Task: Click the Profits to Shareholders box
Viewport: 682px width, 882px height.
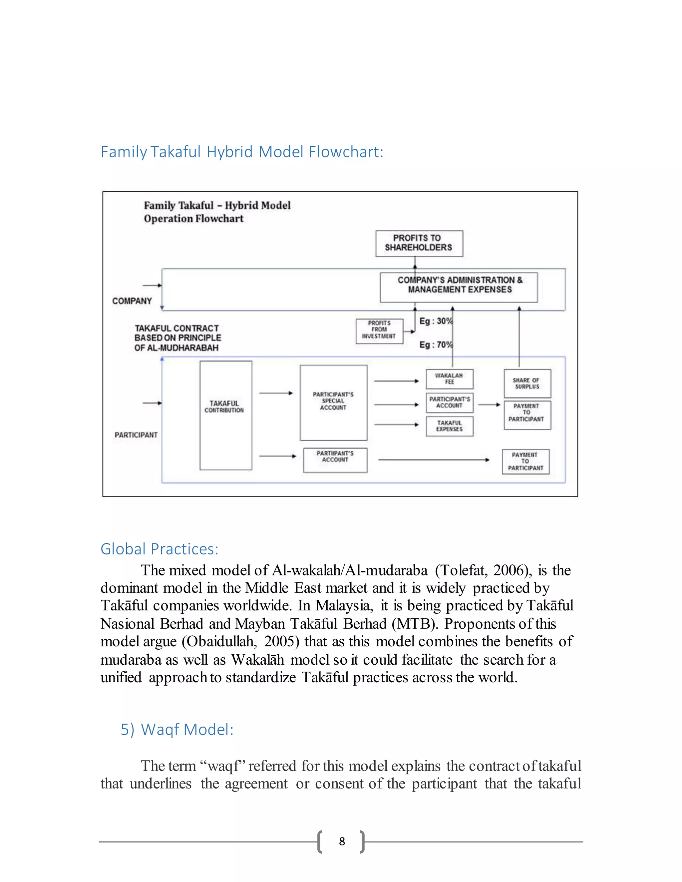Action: (419, 243)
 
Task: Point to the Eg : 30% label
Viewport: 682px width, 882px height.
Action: (436, 321)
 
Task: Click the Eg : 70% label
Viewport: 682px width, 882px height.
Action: (436, 344)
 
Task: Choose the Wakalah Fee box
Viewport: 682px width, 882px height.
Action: (449, 379)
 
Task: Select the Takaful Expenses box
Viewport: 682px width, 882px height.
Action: (449, 426)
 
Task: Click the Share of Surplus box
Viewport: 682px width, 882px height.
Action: (527, 383)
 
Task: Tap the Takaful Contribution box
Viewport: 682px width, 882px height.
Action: (225, 415)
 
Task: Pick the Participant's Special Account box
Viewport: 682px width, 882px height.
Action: (333, 402)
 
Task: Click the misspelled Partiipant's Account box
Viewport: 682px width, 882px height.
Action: (335, 460)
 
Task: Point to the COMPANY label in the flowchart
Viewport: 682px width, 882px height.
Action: (132, 301)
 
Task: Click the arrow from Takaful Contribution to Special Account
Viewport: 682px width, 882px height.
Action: (276, 393)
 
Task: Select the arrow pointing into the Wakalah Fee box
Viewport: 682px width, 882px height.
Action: (396, 381)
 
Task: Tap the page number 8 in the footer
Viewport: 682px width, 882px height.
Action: (342, 841)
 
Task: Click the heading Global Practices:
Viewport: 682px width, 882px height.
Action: (159, 549)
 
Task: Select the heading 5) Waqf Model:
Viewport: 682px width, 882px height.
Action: (177, 729)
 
